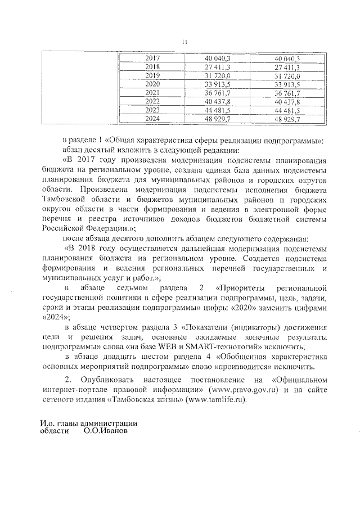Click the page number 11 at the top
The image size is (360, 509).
tap(184, 40)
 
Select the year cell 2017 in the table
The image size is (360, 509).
tap(152, 58)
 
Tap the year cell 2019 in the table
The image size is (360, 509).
tap(152, 75)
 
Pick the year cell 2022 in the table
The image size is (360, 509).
tap(152, 101)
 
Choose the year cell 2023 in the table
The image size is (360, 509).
tap(152, 110)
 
